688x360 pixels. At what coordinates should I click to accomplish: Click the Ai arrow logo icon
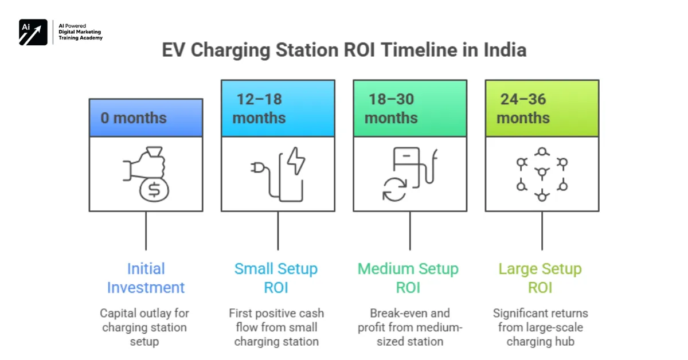click(33, 32)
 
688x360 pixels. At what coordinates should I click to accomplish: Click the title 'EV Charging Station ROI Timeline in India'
click(344, 50)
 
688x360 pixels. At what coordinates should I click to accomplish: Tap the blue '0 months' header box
click(146, 118)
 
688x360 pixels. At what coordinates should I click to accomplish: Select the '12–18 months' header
click(277, 108)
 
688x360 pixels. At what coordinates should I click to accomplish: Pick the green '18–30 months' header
click(409, 108)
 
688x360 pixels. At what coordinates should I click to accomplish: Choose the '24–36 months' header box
click(542, 108)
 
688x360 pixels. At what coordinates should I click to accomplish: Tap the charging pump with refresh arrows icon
click(409, 174)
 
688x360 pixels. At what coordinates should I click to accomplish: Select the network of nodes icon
click(542, 173)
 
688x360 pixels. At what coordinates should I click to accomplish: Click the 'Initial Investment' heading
click(146, 278)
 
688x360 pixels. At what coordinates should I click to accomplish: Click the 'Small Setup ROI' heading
click(276, 278)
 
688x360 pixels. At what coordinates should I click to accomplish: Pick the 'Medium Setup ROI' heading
click(408, 278)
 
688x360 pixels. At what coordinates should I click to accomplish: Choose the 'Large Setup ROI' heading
click(540, 278)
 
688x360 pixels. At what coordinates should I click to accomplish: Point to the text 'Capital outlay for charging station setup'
click(144, 327)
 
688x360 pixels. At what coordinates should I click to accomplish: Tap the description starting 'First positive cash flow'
click(276, 327)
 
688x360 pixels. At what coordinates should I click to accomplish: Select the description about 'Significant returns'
click(540, 327)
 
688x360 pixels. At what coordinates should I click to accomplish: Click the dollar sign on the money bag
click(154, 191)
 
